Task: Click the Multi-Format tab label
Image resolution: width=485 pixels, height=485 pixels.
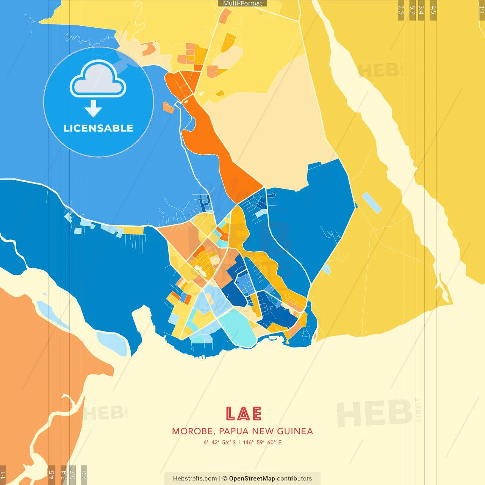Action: coord(242,3)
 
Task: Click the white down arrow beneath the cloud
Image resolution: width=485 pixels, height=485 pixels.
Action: coord(93,109)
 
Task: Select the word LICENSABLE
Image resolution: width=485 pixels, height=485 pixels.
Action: coord(99,128)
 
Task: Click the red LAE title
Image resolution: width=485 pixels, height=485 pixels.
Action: coord(243,414)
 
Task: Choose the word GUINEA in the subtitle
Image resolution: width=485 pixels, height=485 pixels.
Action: coord(295,431)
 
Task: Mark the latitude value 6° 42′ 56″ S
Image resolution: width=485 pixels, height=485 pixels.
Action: coord(219,442)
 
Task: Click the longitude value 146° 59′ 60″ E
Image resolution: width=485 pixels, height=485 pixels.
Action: coord(262,442)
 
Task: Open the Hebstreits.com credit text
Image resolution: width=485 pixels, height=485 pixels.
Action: coord(195,479)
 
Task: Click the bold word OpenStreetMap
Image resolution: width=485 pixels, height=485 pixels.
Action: coord(252,479)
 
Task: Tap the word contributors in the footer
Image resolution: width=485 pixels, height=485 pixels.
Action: coord(294,479)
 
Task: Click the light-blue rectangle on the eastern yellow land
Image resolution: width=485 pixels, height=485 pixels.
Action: coord(371,203)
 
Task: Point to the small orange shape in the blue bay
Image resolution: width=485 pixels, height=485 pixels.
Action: coord(168,107)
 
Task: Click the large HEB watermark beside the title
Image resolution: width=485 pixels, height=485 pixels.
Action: coord(374,414)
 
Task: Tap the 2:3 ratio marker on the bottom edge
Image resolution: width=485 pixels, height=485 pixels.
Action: coord(84,474)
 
